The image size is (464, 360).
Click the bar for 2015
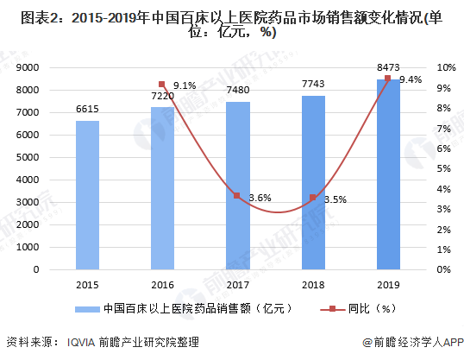pyautogui.click(x=87, y=194)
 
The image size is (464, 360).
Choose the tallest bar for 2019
pyautogui.click(x=388, y=174)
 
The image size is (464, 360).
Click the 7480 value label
pyautogui.click(x=237, y=92)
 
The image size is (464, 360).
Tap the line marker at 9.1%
pyautogui.click(x=162, y=85)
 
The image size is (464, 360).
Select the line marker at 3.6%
pyautogui.click(x=237, y=196)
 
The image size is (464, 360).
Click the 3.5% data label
pyautogui.click(x=335, y=199)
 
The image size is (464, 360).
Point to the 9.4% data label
pyautogui.click(x=411, y=79)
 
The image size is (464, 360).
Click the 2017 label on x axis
pyautogui.click(x=237, y=284)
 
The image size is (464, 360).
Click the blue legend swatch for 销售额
pyautogui.click(x=85, y=308)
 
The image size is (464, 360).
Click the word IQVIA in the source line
pyautogui.click(x=83, y=343)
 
